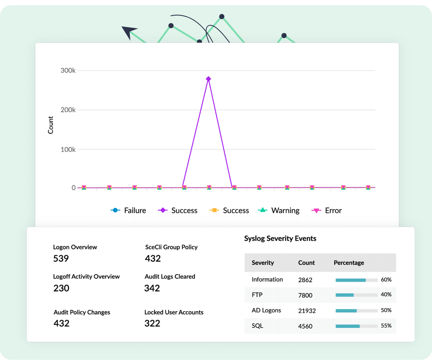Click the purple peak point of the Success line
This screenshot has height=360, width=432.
click(x=208, y=79)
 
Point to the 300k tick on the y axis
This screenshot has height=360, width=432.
click(x=68, y=70)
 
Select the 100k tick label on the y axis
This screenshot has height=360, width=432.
click(x=68, y=149)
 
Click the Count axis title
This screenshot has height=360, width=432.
click(x=51, y=125)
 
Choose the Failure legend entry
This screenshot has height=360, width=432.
click(x=128, y=211)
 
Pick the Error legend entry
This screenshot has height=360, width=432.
click(x=327, y=211)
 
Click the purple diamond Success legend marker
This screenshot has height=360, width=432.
click(x=163, y=211)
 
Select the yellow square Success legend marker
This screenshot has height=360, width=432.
click(x=214, y=211)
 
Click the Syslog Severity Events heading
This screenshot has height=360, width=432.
click(x=280, y=239)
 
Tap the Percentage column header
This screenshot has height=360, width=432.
click(x=349, y=263)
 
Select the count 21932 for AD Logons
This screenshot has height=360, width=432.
click(x=307, y=311)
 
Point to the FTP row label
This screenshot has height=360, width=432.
click(x=257, y=295)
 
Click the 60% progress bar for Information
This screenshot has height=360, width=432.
click(x=357, y=280)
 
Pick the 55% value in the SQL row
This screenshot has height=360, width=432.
click(x=386, y=326)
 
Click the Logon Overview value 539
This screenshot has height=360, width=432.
click(x=61, y=259)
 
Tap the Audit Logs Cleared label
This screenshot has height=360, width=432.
click(x=170, y=277)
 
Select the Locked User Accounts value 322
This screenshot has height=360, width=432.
click(x=152, y=323)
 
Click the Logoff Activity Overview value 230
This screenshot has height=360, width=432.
click(x=61, y=289)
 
